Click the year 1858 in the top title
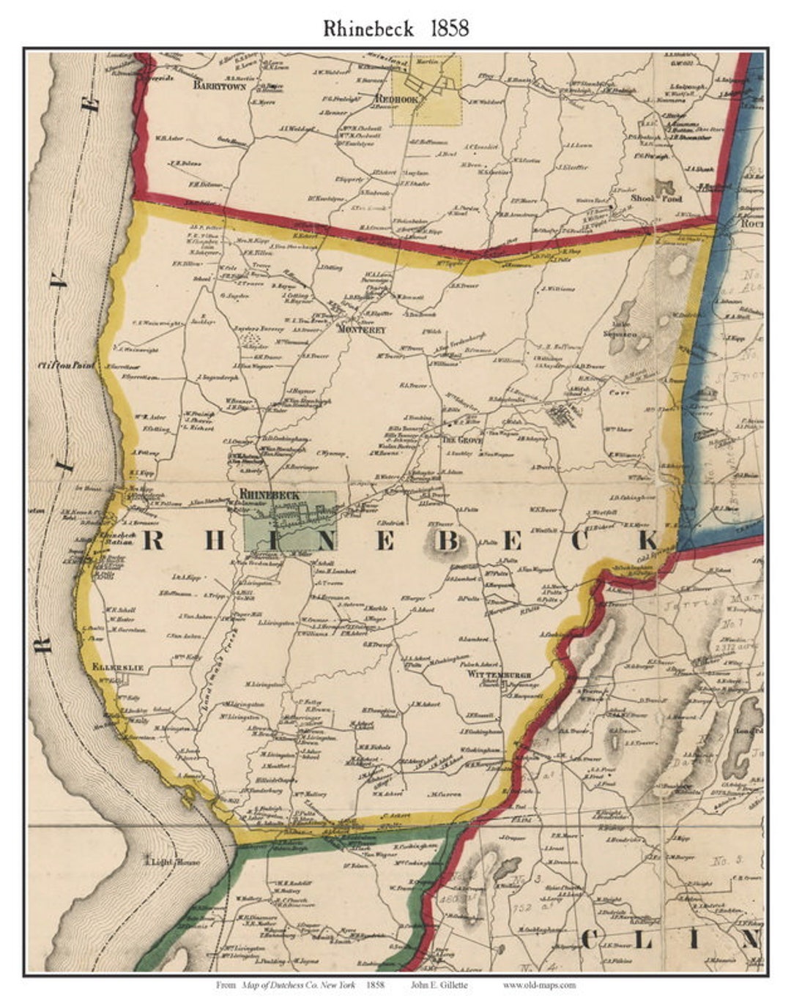coord(439,29)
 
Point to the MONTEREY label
coord(361,330)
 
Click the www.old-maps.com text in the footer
coord(539,985)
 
